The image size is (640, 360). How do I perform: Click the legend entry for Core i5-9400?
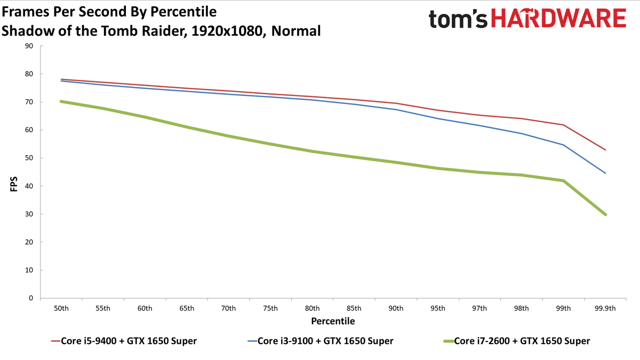124,341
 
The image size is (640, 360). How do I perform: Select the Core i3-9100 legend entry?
321,341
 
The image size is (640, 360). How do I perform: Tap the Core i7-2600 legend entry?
517,341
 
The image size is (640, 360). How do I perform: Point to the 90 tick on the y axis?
29,46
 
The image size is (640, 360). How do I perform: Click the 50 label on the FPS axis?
29,158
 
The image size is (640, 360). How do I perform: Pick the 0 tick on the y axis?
31,298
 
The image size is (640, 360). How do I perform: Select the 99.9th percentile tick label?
605,308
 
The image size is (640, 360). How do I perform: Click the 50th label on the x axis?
61,308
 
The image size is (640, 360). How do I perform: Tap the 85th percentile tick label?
354,308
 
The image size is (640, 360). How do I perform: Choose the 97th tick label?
479,308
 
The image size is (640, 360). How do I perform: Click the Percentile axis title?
333,321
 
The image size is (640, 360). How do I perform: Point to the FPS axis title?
14,184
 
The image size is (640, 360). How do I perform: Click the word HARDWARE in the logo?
558,18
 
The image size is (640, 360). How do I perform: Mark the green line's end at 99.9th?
605,214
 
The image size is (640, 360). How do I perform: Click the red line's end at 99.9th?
605,150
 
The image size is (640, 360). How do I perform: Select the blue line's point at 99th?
563,145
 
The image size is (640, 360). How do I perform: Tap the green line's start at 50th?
61,101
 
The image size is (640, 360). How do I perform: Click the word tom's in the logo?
458,19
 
